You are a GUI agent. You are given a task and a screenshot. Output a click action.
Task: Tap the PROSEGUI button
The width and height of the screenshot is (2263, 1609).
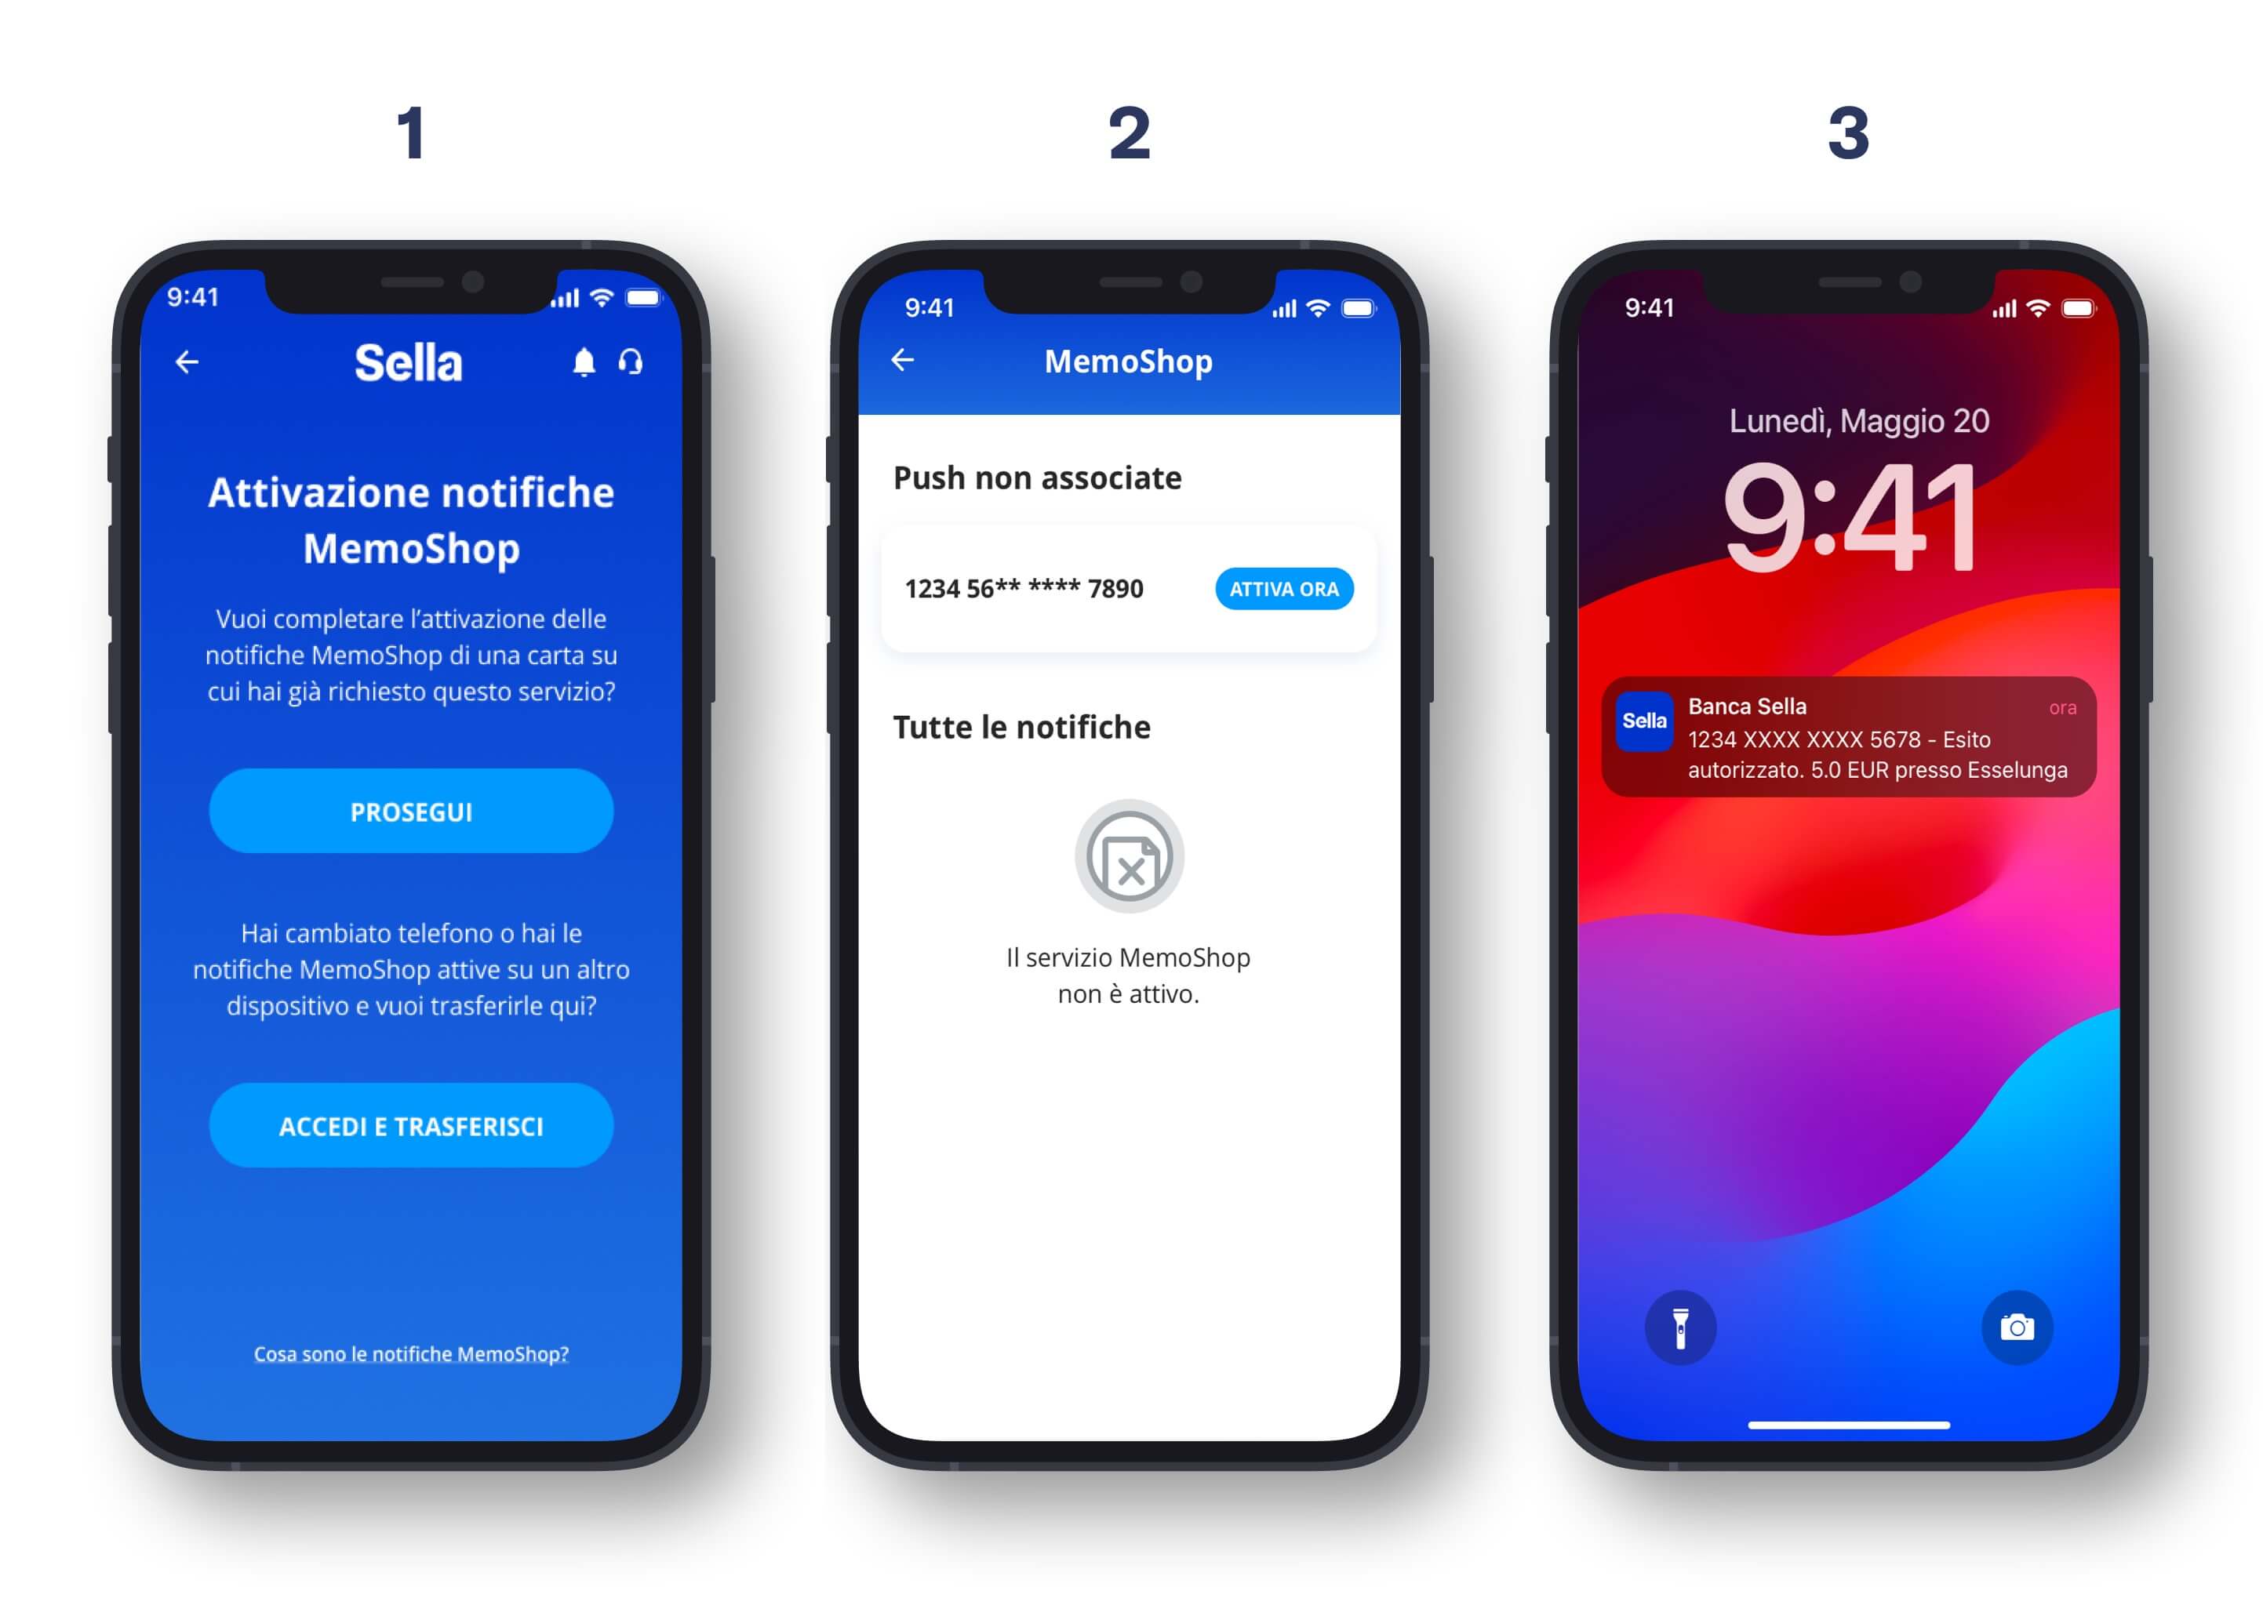pyautogui.click(x=410, y=811)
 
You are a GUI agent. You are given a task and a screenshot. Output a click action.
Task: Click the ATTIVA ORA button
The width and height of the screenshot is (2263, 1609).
pyautogui.click(x=1283, y=589)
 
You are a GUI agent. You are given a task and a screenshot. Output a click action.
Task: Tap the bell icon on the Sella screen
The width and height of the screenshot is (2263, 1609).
pyautogui.click(x=584, y=362)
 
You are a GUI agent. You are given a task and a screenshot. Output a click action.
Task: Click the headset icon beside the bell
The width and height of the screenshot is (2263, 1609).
pyautogui.click(x=631, y=361)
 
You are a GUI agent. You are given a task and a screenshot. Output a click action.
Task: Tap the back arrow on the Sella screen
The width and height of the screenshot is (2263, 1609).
pyautogui.click(x=187, y=362)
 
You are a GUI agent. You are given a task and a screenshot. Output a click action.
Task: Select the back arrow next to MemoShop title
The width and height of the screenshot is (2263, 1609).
pyautogui.click(x=902, y=360)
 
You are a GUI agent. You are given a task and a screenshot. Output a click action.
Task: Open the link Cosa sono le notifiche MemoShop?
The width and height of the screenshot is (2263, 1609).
pyautogui.click(x=411, y=1353)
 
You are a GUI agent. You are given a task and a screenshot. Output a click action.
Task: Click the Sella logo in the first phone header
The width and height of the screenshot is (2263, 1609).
pyautogui.click(x=409, y=362)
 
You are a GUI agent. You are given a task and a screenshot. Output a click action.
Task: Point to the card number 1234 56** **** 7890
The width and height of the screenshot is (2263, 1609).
pyautogui.click(x=1024, y=589)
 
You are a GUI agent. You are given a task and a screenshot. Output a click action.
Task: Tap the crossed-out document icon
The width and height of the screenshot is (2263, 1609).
pyautogui.click(x=1129, y=856)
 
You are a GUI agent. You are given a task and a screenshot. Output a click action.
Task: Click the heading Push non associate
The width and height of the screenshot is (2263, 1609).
pyautogui.click(x=1037, y=478)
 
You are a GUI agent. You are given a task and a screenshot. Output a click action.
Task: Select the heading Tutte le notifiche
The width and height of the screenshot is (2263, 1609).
pyautogui.click(x=1022, y=727)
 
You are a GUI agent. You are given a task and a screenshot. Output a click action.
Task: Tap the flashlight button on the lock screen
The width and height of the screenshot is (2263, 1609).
pyautogui.click(x=1680, y=1328)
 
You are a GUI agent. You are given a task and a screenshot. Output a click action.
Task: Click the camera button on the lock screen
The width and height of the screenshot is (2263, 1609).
pyautogui.click(x=2017, y=1328)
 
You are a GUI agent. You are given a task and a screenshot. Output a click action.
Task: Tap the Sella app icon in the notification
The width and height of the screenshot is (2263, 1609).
pyautogui.click(x=1644, y=721)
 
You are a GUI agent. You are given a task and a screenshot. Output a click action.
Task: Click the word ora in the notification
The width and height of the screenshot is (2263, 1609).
pyautogui.click(x=2063, y=707)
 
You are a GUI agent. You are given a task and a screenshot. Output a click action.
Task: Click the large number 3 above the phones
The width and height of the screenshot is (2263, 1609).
pyautogui.click(x=1849, y=133)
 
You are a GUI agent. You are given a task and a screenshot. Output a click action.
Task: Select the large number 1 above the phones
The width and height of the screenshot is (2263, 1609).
pyautogui.click(x=411, y=133)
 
